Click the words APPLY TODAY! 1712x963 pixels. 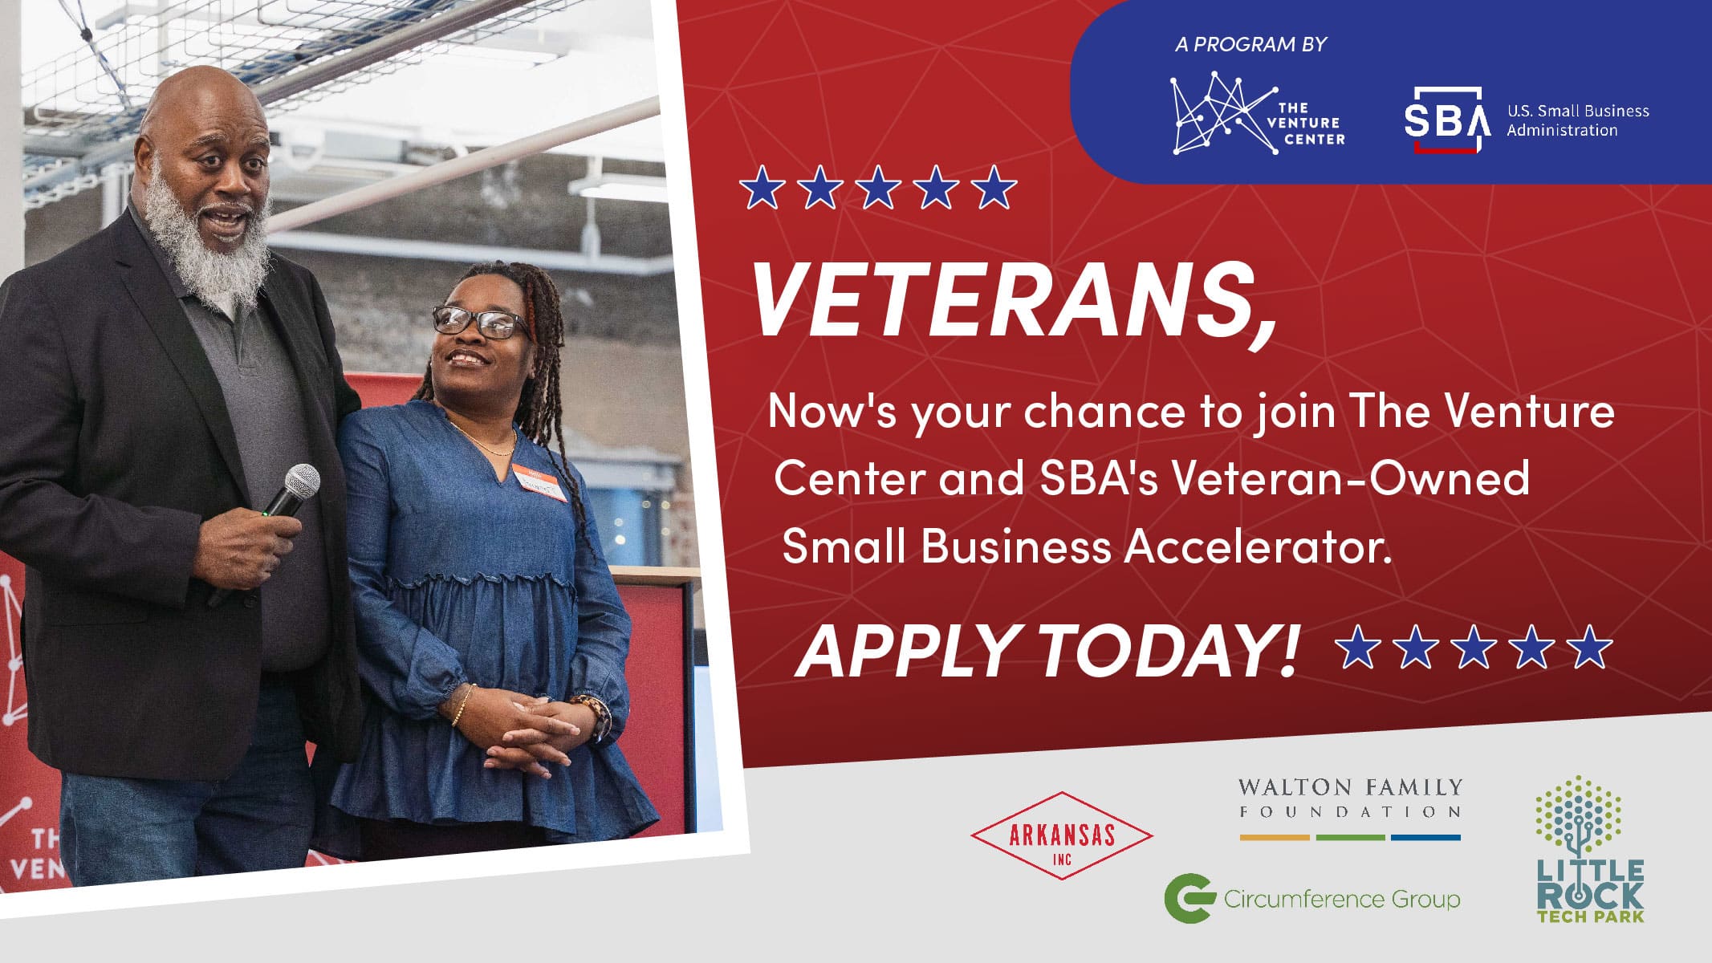click(1047, 649)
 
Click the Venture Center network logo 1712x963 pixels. click(1257, 112)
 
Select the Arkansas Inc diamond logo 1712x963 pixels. click(1062, 835)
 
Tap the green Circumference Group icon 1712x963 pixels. click(1189, 898)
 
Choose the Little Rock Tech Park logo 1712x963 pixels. click(1590, 849)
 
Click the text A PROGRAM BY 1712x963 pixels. click(1250, 44)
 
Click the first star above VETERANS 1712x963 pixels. click(762, 188)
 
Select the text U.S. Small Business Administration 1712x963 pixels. click(1578, 120)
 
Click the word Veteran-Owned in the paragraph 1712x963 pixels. click(1350, 478)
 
